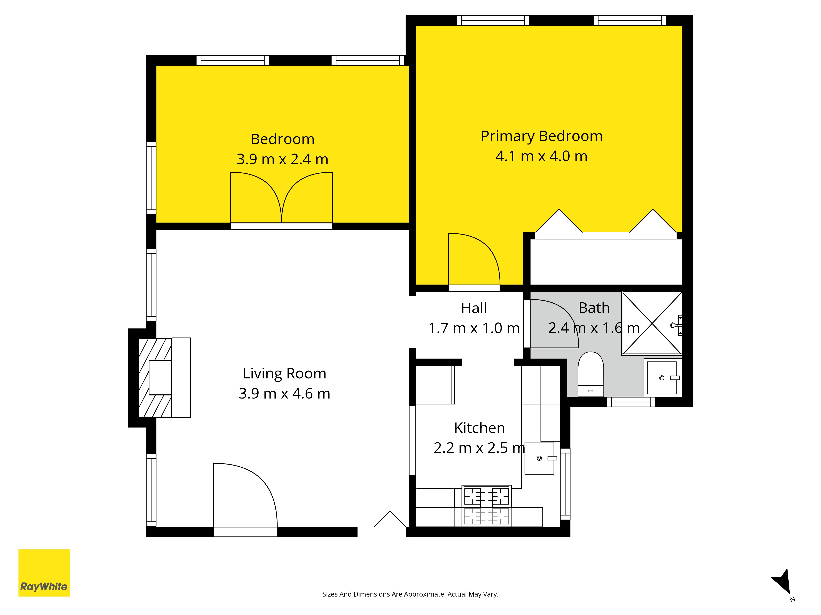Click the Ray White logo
[44, 573]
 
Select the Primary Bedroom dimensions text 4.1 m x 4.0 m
[541, 156]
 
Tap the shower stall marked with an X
[652, 323]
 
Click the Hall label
[474, 308]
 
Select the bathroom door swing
[553, 323]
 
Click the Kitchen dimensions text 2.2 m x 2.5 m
[479, 448]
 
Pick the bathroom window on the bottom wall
[631, 402]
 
